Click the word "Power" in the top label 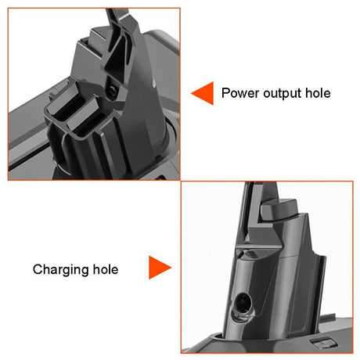coord(239,93)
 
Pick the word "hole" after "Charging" coord(104,270)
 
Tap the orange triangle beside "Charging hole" coord(159,268)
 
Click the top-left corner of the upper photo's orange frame coord(9,9)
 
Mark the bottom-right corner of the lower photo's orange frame coord(352,352)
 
